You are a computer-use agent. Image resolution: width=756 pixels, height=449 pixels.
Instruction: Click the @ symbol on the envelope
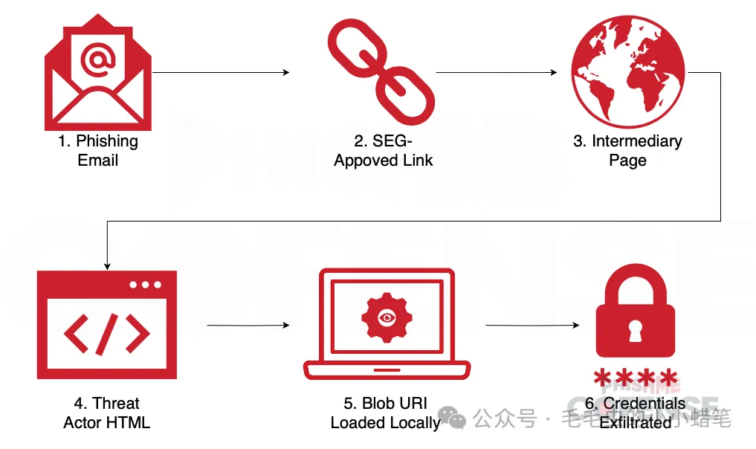pyautogui.click(x=97, y=62)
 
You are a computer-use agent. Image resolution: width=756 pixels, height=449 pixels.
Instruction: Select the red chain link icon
pyautogui.click(x=380, y=73)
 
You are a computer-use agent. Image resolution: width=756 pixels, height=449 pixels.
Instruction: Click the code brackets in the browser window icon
pyautogui.click(x=106, y=332)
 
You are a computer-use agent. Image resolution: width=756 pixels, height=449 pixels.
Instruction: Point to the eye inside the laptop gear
pyautogui.click(x=386, y=317)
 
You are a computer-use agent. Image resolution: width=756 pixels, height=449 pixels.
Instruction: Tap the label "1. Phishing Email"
pyautogui.click(x=98, y=150)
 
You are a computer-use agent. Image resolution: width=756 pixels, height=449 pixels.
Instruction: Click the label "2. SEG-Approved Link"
pyautogui.click(x=383, y=150)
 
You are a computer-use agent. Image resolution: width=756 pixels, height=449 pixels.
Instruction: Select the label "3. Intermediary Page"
pyautogui.click(x=627, y=150)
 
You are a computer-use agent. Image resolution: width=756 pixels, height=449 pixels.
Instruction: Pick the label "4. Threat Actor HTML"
pyautogui.click(x=106, y=413)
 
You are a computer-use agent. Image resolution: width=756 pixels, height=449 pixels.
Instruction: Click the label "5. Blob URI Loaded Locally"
pyautogui.click(x=385, y=413)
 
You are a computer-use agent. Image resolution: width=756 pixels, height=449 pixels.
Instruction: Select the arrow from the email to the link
pyautogui.click(x=221, y=73)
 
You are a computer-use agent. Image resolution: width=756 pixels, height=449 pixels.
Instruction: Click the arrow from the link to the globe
pyautogui.click(x=496, y=73)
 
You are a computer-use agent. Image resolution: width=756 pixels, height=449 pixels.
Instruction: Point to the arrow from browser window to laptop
pyautogui.click(x=248, y=326)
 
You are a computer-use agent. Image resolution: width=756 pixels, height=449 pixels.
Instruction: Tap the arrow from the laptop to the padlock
pyautogui.click(x=532, y=326)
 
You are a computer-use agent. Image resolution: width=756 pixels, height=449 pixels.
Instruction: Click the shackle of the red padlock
pyautogui.click(x=636, y=285)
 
